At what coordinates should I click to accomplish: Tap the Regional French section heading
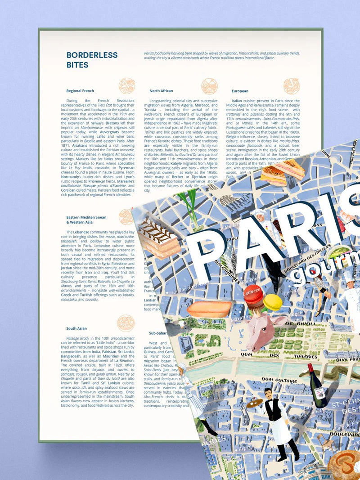coord(80,91)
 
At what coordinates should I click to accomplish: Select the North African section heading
coord(161,91)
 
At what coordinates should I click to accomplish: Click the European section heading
coord(240,91)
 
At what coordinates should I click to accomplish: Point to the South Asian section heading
coord(76,328)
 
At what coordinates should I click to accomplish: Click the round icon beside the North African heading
coord(209,86)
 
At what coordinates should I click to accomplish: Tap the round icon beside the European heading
coord(292,86)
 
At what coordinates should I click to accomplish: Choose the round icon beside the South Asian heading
coord(126,323)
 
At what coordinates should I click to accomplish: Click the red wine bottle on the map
coord(317,386)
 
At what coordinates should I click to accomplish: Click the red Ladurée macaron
coord(253,295)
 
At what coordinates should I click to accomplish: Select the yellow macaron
coord(273,302)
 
